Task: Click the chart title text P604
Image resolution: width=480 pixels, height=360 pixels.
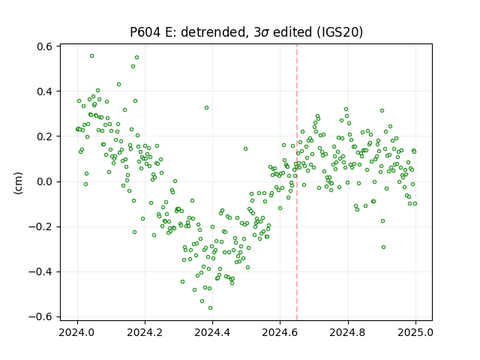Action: click(x=145, y=31)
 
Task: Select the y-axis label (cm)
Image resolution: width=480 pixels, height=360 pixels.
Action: click(x=18, y=183)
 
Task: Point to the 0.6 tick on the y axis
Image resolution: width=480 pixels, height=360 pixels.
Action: click(x=45, y=46)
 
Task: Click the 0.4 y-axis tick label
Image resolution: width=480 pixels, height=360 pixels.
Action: click(x=45, y=91)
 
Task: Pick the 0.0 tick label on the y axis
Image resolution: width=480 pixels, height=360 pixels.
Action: click(x=45, y=181)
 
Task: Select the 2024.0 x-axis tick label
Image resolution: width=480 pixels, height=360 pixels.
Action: click(x=77, y=332)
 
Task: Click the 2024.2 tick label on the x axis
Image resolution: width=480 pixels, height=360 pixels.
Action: click(x=145, y=332)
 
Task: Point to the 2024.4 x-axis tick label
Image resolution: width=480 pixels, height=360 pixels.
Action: click(x=212, y=332)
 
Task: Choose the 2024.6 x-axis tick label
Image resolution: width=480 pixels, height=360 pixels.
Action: click(x=280, y=332)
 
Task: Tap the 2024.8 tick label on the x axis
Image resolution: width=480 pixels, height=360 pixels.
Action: click(x=348, y=332)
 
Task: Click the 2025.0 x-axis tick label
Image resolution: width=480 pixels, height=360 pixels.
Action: click(x=415, y=332)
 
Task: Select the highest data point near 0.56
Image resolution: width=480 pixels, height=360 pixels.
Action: click(x=91, y=56)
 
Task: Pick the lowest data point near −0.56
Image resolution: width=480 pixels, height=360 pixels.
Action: click(x=210, y=308)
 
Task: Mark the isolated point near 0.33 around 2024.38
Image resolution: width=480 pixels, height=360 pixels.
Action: click(x=207, y=108)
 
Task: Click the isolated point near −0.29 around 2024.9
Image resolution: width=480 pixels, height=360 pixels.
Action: click(x=383, y=247)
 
